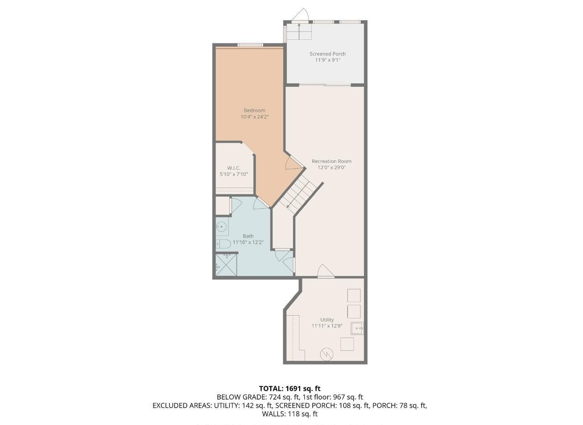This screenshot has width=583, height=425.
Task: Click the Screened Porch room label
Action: pos(327,54)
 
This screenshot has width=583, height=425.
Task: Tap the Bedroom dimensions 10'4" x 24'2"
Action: pos(254,117)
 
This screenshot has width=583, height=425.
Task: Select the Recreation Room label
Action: pos(331,161)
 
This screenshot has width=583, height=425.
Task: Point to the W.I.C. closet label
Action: pos(233,168)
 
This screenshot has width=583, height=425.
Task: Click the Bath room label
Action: pos(248,236)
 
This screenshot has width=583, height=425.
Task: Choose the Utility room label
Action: pos(327,320)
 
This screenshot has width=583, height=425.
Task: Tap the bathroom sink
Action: pos(222,226)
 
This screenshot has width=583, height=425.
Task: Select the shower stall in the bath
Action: pos(226,265)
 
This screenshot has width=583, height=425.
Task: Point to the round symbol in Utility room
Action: pos(326,354)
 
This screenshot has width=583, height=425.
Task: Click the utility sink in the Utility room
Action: pos(357,328)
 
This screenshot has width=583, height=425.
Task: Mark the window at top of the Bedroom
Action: pos(250,45)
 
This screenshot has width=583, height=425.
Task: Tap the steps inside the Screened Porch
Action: pos(299,32)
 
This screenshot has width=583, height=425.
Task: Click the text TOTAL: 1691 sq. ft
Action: pos(290,388)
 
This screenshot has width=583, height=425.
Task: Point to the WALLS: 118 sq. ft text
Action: pos(290,414)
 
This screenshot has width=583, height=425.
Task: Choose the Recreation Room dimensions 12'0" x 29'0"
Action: pos(331,167)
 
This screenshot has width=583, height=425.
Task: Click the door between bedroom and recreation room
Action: pos(294,163)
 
